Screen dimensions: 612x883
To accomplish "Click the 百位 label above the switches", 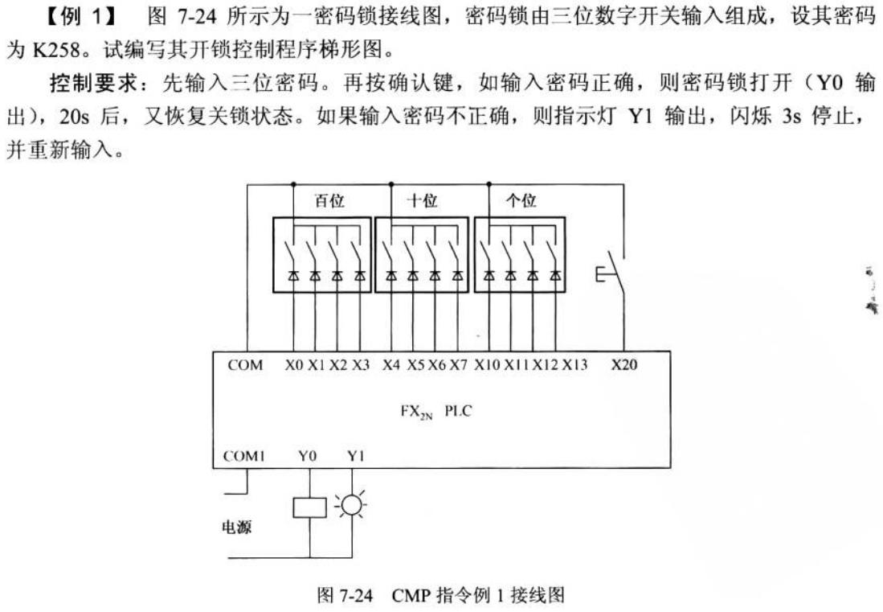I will tap(329, 202).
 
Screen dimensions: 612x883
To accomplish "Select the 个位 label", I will tap(521, 202).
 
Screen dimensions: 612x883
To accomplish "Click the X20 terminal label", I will tap(624, 365).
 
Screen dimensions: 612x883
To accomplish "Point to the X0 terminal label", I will tap(294, 365).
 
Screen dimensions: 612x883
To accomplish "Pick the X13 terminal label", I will tap(574, 365).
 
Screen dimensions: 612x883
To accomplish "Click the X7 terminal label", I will tap(458, 365).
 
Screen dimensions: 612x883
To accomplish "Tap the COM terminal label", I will tap(245, 365).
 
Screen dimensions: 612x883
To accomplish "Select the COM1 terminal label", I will tap(244, 457).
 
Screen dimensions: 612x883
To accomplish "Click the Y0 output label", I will tap(308, 457).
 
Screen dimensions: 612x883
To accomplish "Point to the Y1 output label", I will tap(356, 457).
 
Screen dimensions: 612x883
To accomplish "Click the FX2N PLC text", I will tap(438, 412).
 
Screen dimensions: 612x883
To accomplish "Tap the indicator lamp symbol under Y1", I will tap(352, 505).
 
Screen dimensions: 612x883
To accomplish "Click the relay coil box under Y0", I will tap(310, 507).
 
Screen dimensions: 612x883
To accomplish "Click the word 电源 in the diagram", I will tap(237, 530).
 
